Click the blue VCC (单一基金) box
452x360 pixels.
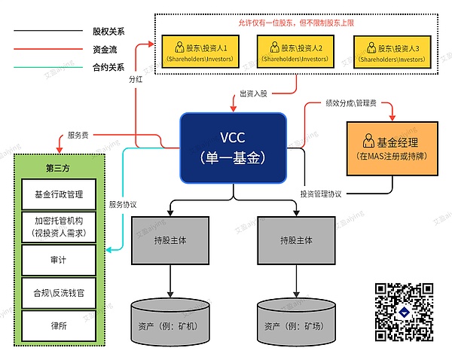[x=233, y=148]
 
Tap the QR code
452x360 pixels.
[x=404, y=312]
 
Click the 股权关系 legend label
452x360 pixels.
[x=108, y=31]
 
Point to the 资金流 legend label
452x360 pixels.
[x=105, y=49]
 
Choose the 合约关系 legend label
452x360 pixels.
[x=108, y=67]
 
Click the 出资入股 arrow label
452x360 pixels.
[x=253, y=93]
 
